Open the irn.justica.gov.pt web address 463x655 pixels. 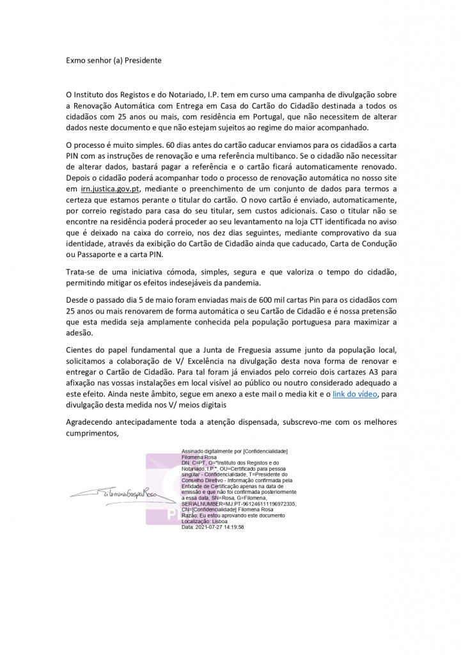pos(107,189)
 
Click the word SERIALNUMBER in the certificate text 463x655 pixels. pos(203,503)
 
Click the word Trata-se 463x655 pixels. pos(81,271)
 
